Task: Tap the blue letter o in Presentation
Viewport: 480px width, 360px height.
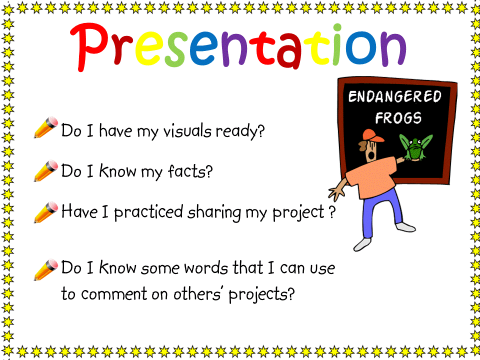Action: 361,48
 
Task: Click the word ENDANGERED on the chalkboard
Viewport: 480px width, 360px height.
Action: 395,96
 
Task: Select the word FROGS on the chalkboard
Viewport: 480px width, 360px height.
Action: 398,118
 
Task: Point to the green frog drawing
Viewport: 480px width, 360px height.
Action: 415,148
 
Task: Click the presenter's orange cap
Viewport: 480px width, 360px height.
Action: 372,135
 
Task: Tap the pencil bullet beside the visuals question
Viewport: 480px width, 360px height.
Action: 45,127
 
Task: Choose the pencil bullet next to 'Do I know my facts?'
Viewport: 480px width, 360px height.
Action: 45,170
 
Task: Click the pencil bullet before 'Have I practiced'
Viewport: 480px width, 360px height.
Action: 45,212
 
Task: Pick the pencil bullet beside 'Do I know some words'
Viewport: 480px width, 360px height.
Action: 45,269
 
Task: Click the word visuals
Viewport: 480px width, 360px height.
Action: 187,131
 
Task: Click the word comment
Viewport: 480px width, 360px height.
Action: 114,294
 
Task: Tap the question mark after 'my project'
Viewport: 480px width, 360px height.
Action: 332,212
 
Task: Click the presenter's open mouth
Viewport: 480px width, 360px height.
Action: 371,155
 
